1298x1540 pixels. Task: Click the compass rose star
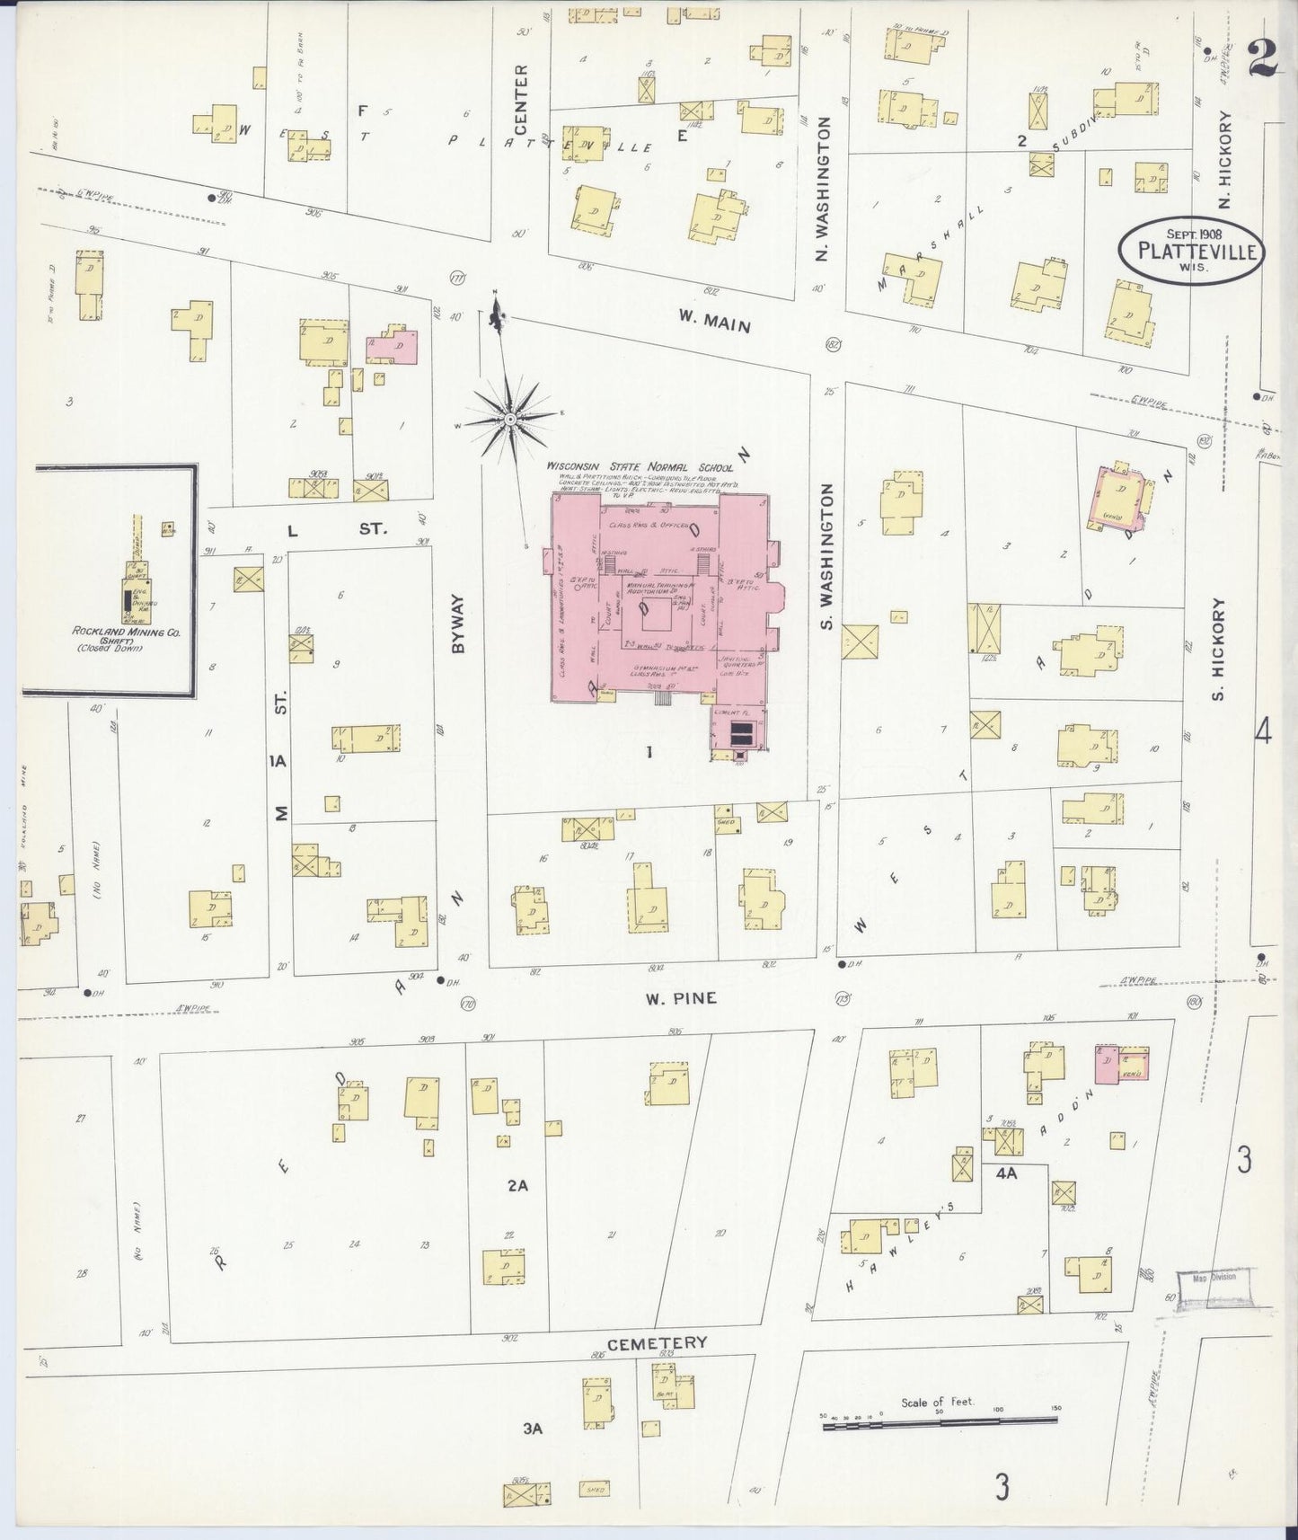coord(509,419)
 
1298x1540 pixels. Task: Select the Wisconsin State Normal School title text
coord(640,468)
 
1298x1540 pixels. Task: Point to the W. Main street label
coord(714,321)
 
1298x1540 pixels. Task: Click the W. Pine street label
coord(679,997)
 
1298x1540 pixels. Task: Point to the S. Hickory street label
coord(1219,649)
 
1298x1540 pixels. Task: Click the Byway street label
coord(459,623)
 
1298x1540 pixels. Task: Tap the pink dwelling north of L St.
coord(393,346)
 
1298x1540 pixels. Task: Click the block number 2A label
coord(517,1185)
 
